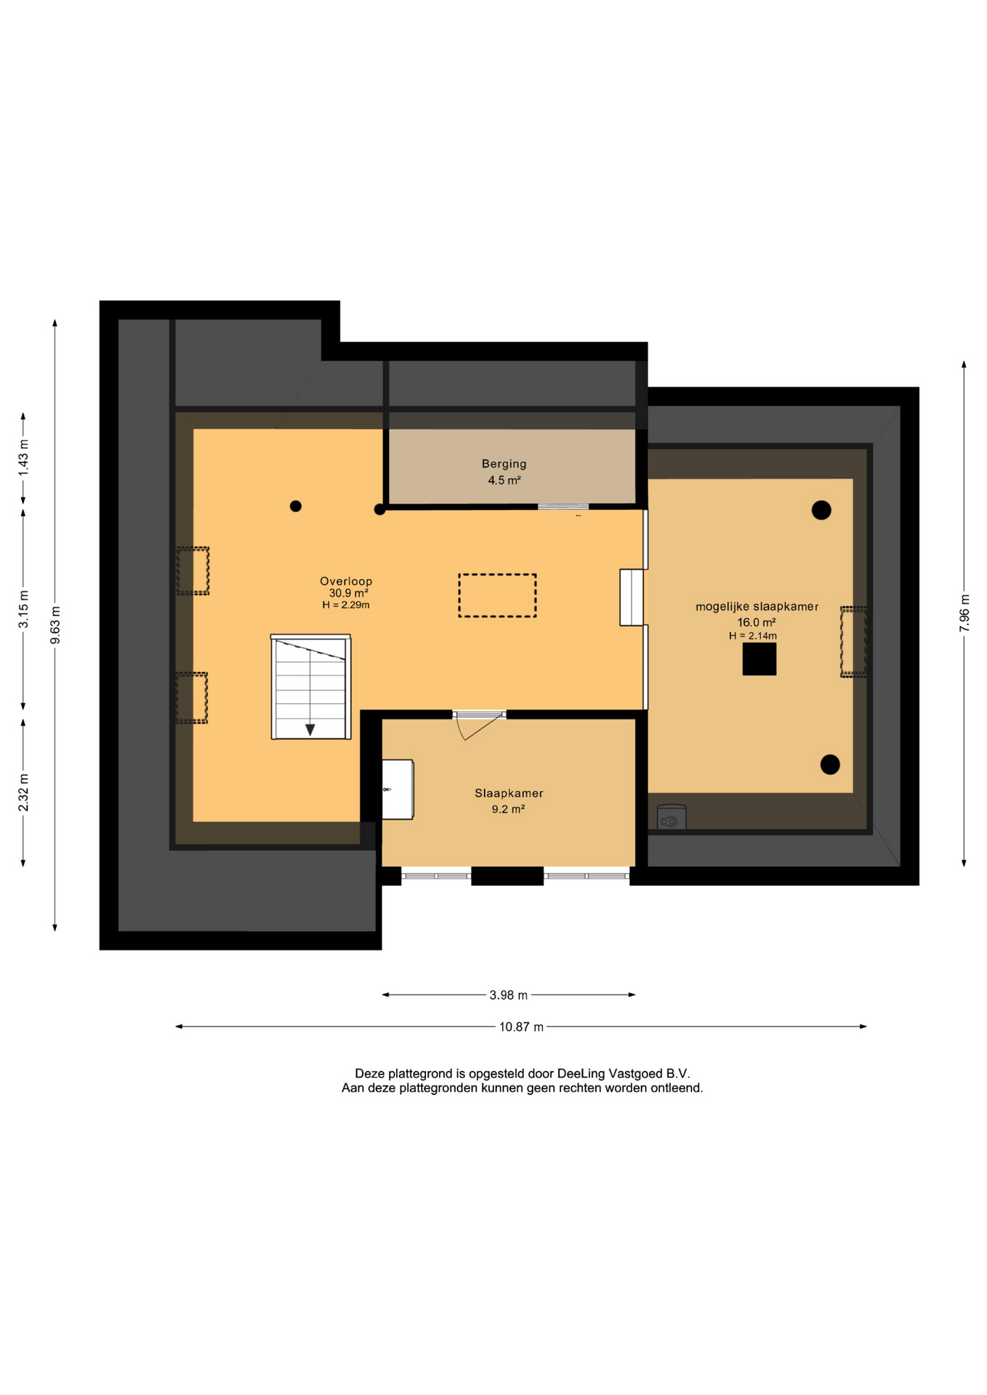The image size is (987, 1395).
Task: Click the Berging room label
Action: [504, 464]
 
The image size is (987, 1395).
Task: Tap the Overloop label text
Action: [346, 581]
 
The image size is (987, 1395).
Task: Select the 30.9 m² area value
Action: [348, 593]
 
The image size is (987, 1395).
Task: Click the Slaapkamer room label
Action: [509, 793]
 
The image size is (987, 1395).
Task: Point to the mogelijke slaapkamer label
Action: [757, 607]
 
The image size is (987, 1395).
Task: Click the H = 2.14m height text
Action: [753, 636]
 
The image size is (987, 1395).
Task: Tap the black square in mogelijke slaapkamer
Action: [760, 659]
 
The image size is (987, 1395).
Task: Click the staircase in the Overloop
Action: [311, 687]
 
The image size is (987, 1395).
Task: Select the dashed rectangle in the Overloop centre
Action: [497, 596]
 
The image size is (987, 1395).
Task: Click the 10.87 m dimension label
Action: [521, 1027]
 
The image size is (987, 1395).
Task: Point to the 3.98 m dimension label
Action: [509, 995]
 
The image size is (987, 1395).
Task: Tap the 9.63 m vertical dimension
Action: [55, 625]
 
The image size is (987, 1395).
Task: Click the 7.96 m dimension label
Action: [964, 613]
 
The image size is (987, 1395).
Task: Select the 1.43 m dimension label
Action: [23, 458]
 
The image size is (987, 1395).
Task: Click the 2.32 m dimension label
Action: [23, 793]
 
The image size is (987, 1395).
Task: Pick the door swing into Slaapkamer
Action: [480, 727]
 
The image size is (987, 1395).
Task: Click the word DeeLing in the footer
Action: [581, 1073]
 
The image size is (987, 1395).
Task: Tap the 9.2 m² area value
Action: [508, 809]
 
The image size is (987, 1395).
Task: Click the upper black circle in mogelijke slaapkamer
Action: [821, 510]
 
